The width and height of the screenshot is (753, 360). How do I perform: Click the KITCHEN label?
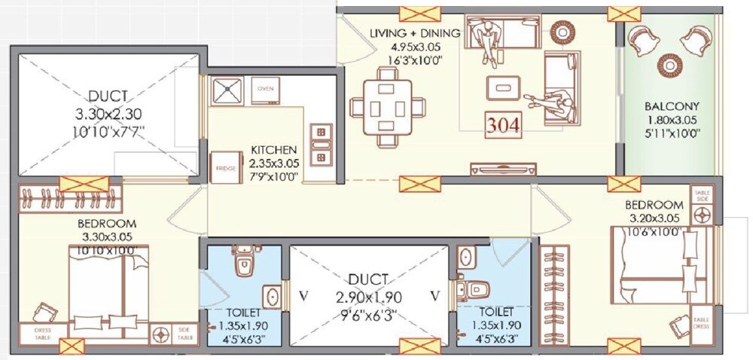(276, 150)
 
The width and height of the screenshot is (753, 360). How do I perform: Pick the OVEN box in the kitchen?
(265, 89)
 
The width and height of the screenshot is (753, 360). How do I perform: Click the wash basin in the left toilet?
(270, 295)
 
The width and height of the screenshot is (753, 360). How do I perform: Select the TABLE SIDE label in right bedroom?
(702, 195)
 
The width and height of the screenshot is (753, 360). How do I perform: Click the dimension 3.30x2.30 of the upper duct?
(108, 114)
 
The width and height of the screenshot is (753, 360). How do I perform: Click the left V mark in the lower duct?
(303, 294)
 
